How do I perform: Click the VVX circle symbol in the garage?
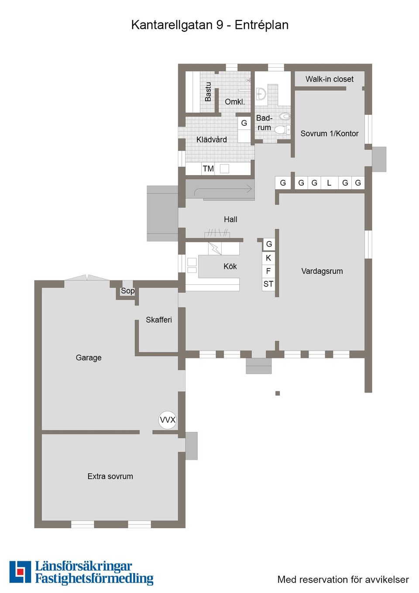[168, 420]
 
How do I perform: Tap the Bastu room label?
[208, 92]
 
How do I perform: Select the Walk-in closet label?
[330, 79]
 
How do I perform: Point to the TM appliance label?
[208, 169]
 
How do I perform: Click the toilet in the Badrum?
[282, 129]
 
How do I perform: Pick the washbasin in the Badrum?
[261, 93]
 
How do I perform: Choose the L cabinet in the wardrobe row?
[329, 183]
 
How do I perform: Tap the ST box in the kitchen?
[268, 284]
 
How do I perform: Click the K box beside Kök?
[268, 258]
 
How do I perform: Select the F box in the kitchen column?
[268, 271]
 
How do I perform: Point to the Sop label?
[127, 291]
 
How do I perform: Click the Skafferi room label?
[159, 320]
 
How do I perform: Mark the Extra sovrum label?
[110, 476]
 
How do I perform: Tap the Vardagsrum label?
[322, 271]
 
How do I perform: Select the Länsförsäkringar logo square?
[20, 572]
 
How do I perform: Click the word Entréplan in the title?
[261, 25]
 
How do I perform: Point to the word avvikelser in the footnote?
[387, 579]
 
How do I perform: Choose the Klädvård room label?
[212, 140]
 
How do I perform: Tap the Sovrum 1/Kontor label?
[330, 134]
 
